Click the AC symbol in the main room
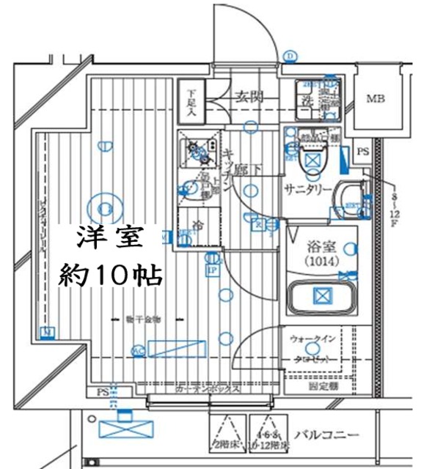point(137,351)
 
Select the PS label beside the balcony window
point(101,394)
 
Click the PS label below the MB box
point(362,152)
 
